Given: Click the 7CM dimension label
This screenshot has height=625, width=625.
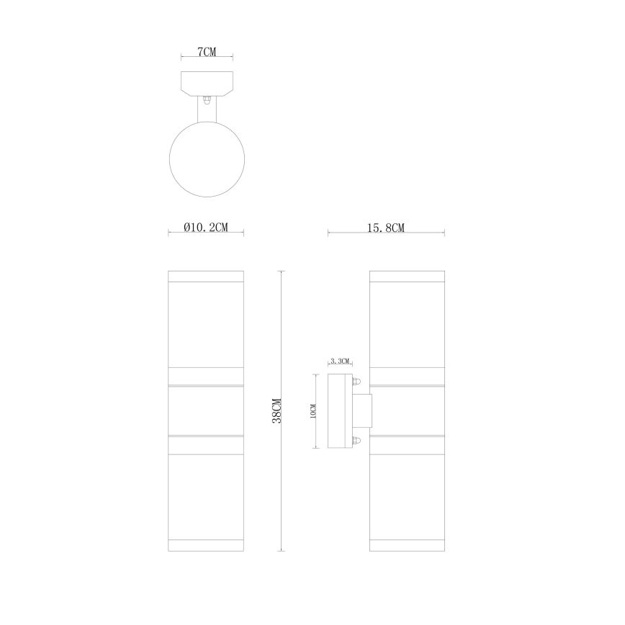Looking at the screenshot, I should coord(206,53).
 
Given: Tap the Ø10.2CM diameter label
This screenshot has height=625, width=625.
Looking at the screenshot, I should coord(206,228).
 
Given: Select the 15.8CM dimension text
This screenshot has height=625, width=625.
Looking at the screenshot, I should coord(386,228).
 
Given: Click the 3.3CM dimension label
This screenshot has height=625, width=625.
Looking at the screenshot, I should coord(339,360).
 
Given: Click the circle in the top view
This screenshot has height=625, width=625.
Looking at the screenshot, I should coord(206,158).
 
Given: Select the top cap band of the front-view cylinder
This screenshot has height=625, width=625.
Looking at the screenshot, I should coord(206,276).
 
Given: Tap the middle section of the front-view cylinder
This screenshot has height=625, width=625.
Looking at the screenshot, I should coord(206,410).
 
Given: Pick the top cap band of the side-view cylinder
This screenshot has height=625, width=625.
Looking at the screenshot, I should coord(406,276).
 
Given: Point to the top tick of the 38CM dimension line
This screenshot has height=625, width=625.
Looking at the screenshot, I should coord(282,271).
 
